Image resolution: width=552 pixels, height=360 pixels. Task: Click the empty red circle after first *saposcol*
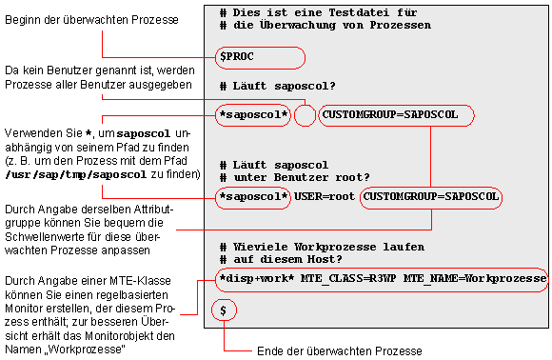tap(305, 115)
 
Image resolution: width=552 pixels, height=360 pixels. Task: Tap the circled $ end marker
tap(225, 310)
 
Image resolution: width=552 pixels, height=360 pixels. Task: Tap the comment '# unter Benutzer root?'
tap(293, 177)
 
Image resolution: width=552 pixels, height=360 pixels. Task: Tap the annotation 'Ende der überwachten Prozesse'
tap(340, 351)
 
